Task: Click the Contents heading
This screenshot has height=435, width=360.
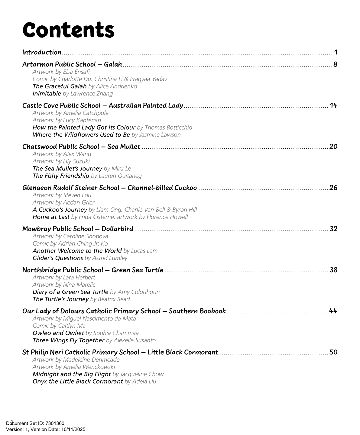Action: click(69, 30)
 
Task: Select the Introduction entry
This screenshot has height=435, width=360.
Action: click(42, 52)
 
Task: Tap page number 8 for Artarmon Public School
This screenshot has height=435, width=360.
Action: click(335, 64)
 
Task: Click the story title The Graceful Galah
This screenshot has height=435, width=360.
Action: click(60, 86)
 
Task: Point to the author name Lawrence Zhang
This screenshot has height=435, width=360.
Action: click(88, 94)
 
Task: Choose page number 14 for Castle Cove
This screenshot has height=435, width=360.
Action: click(333, 105)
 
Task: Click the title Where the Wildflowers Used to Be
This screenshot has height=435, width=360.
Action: click(81, 135)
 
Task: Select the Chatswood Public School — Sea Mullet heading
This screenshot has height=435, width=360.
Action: click(81, 147)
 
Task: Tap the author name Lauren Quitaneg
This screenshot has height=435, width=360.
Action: click(116, 176)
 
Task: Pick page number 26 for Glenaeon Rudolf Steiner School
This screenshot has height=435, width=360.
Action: click(333, 188)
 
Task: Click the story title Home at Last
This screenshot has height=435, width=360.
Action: click(51, 217)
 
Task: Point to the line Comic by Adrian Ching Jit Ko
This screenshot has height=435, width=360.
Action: click(70, 243)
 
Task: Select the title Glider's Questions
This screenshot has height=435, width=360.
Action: click(58, 258)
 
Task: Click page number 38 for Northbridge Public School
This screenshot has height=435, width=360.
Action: click(333, 270)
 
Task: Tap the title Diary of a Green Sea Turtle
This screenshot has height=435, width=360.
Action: click(70, 292)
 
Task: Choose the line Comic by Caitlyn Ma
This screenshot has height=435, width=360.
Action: click(59, 326)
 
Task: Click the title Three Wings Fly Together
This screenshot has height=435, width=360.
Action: click(69, 340)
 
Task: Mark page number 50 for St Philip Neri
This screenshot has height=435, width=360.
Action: click(333, 352)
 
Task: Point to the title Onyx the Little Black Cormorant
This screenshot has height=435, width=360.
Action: click(78, 381)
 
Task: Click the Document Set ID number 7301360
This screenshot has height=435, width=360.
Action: click(55, 424)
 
